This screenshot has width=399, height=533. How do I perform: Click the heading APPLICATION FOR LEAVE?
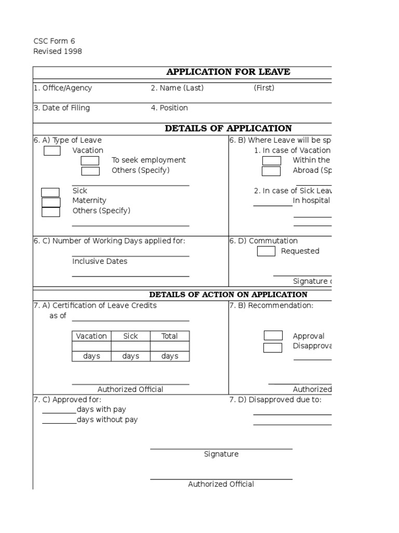click(x=228, y=72)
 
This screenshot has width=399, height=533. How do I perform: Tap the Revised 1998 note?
click(x=57, y=51)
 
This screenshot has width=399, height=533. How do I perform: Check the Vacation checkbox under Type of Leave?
click(x=52, y=151)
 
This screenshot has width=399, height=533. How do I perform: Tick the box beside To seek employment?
click(x=90, y=161)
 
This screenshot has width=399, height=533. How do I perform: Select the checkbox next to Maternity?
click(x=51, y=202)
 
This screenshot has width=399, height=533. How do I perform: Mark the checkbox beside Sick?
click(x=50, y=192)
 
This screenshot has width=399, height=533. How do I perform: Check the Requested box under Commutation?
click(x=267, y=251)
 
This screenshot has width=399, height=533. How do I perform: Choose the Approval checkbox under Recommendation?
click(x=273, y=336)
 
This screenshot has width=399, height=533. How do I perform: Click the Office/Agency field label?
click(x=62, y=88)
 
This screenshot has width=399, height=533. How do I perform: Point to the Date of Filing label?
click(x=61, y=108)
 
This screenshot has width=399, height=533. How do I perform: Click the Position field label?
click(x=169, y=108)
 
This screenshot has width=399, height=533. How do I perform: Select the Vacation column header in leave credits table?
click(x=91, y=336)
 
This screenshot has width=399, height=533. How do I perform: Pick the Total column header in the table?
click(x=169, y=336)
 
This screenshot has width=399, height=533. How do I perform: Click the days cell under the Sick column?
click(x=130, y=357)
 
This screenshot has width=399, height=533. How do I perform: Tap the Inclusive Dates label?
click(x=100, y=261)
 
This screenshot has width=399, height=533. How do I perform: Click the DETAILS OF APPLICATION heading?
click(x=228, y=129)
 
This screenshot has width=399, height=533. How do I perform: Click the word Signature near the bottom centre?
click(x=221, y=454)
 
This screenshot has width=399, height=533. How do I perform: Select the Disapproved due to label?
click(x=275, y=400)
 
